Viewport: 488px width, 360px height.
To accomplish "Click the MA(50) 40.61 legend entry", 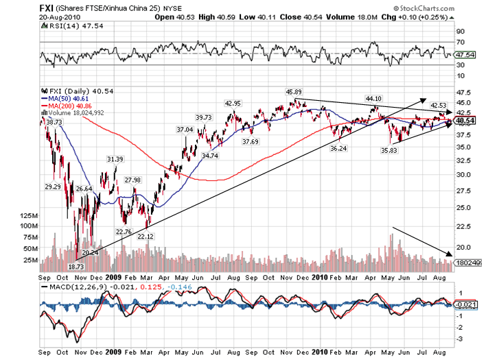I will coord(68,99).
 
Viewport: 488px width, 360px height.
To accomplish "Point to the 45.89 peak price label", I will coord(293,91).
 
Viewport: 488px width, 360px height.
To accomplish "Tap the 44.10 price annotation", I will coord(373,98).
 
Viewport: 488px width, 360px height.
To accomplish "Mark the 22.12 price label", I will coord(145,236).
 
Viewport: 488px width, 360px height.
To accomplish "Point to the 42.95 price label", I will coord(233,104).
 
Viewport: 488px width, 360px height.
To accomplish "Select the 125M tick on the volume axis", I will coord(29,215).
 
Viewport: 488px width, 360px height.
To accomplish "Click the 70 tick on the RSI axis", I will coord(460,42).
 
